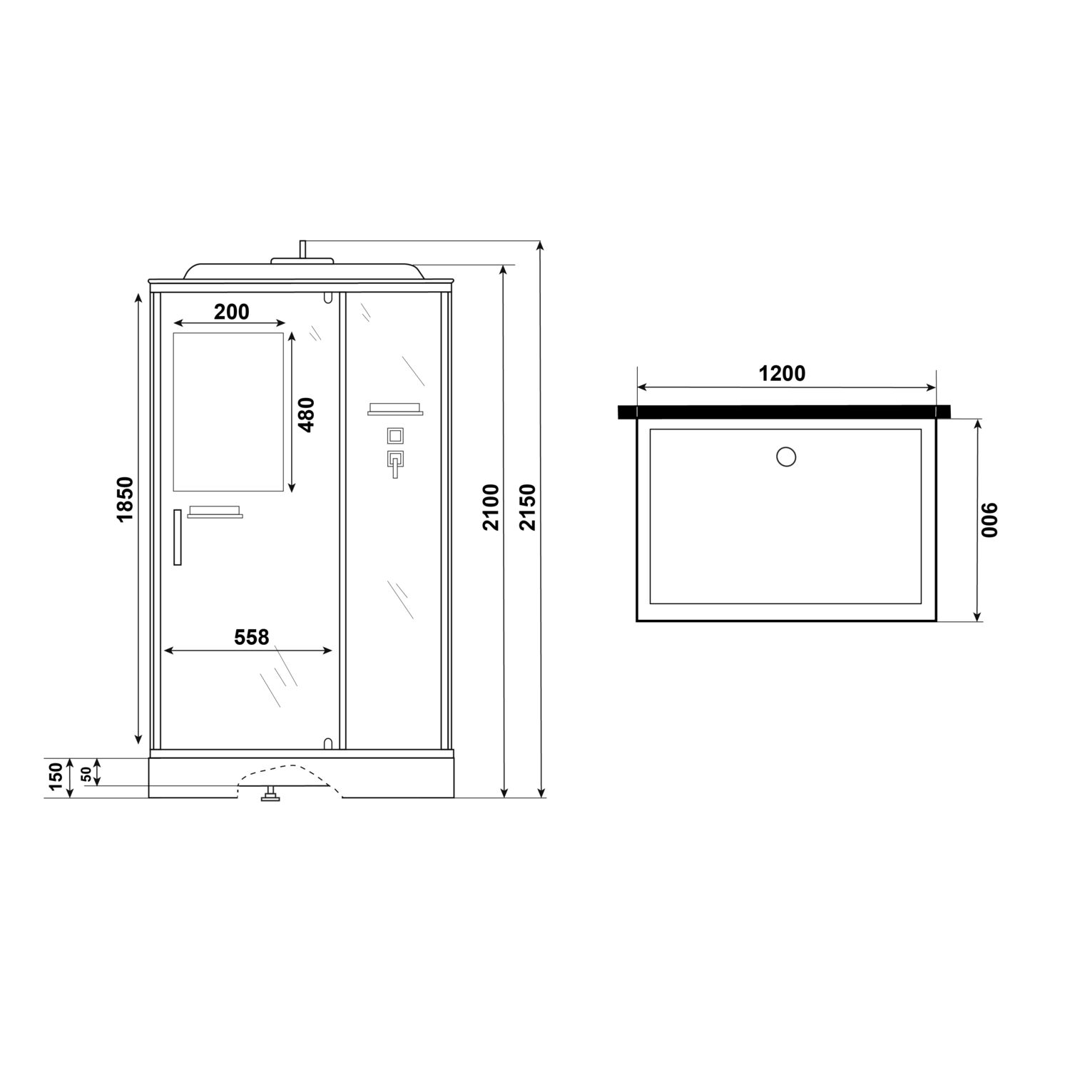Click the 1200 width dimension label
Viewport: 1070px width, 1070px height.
tap(783, 373)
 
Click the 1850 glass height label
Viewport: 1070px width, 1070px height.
tap(125, 499)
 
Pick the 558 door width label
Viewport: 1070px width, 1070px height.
tap(252, 637)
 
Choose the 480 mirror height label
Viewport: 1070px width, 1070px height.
tap(306, 414)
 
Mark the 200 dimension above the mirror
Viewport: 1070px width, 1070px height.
tap(232, 312)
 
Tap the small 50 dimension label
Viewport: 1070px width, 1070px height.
tap(86, 773)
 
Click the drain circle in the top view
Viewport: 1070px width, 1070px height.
tap(785, 456)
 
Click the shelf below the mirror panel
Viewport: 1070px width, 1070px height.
tap(215, 512)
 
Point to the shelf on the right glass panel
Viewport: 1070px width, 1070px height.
tap(395, 409)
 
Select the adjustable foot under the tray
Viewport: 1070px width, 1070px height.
tap(270, 795)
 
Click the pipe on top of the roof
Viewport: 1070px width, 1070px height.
tap(303, 249)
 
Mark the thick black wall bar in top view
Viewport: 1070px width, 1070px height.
tap(785, 412)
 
